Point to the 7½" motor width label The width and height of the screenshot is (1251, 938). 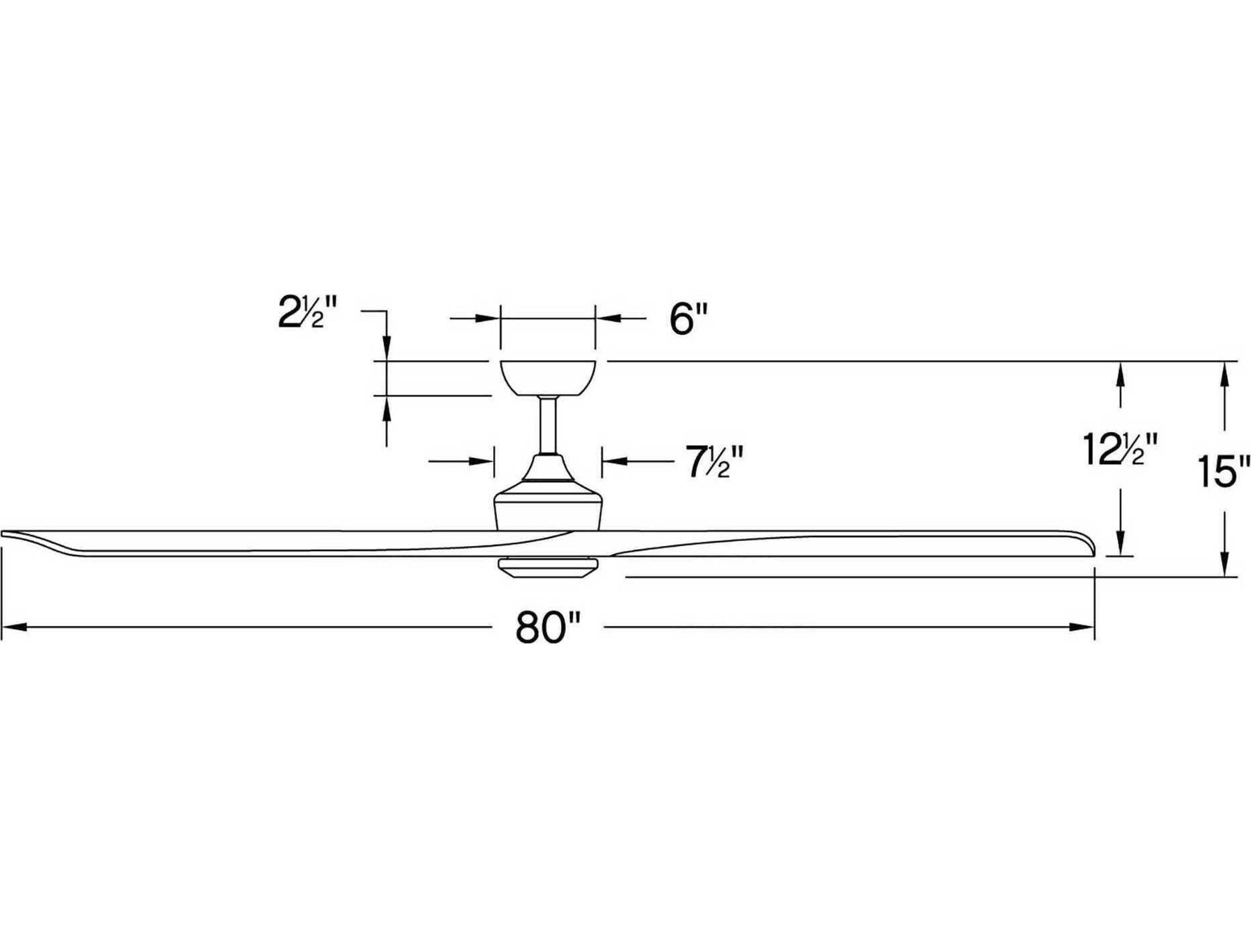tap(714, 462)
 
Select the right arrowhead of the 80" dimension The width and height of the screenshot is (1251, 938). tap(1081, 626)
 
